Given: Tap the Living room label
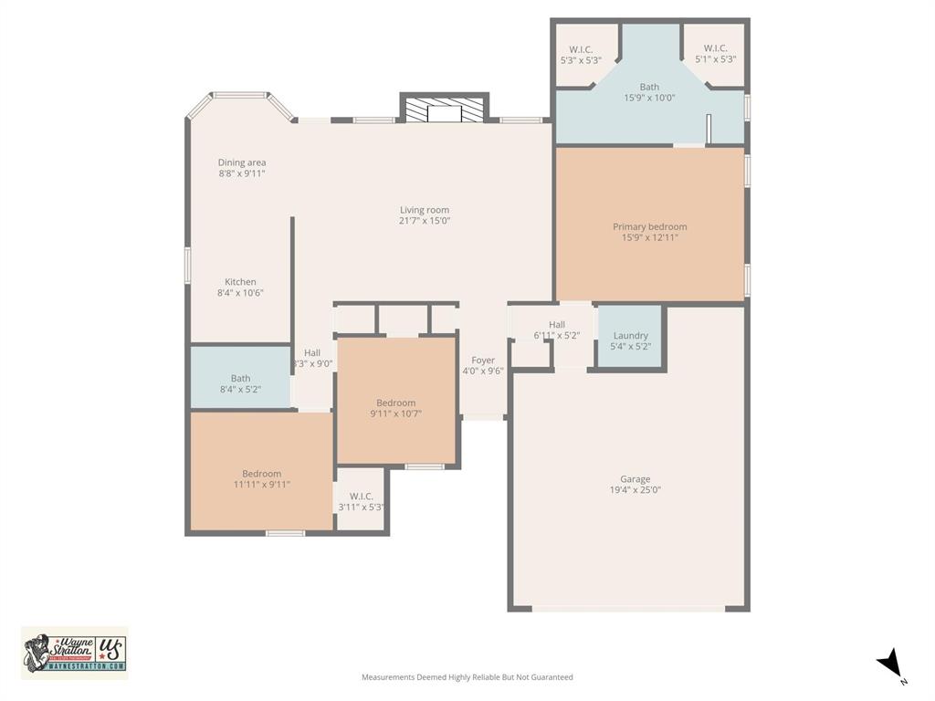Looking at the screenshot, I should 425,210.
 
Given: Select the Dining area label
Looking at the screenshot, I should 242,162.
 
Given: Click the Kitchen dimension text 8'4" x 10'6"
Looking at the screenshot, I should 241,293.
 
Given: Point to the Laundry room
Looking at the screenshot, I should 630,340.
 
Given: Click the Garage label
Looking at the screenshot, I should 636,479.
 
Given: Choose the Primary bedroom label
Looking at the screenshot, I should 649,226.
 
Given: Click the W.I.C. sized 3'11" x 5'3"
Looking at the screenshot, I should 361,502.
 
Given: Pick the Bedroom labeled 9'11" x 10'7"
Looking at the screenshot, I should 396,408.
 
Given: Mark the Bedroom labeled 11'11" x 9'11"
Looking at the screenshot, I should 261,479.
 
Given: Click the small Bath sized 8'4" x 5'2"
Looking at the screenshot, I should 240,383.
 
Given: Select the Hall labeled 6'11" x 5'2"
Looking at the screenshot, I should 557,330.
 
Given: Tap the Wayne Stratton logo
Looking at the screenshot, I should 75,653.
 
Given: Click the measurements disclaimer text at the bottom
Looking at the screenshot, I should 467,677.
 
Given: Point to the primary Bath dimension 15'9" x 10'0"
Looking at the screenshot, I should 649,98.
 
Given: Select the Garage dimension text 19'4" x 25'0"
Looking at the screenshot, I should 636,490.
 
